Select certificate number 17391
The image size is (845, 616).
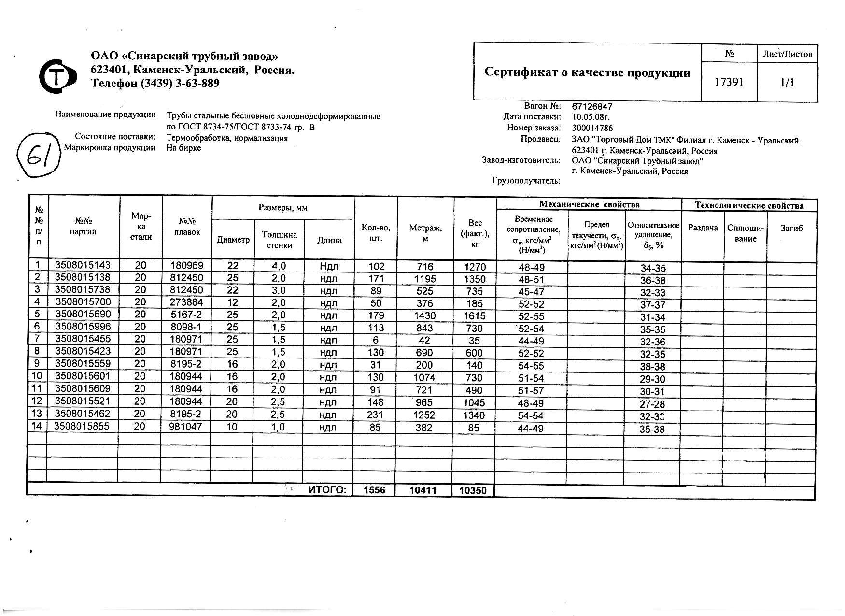729,82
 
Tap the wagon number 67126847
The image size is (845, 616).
592,106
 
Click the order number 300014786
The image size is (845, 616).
592,128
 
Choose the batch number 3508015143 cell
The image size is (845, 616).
83,265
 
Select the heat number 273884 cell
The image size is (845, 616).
187,303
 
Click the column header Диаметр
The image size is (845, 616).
233,240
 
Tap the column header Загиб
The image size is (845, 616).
791,228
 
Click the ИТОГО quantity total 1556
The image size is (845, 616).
374,490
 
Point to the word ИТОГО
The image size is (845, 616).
327,490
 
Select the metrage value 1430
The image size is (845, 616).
424,316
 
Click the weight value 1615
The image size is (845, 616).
474,316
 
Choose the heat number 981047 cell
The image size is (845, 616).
187,427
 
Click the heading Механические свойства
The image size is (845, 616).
589,205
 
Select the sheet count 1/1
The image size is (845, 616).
787,83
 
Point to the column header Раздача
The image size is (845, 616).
703,228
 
